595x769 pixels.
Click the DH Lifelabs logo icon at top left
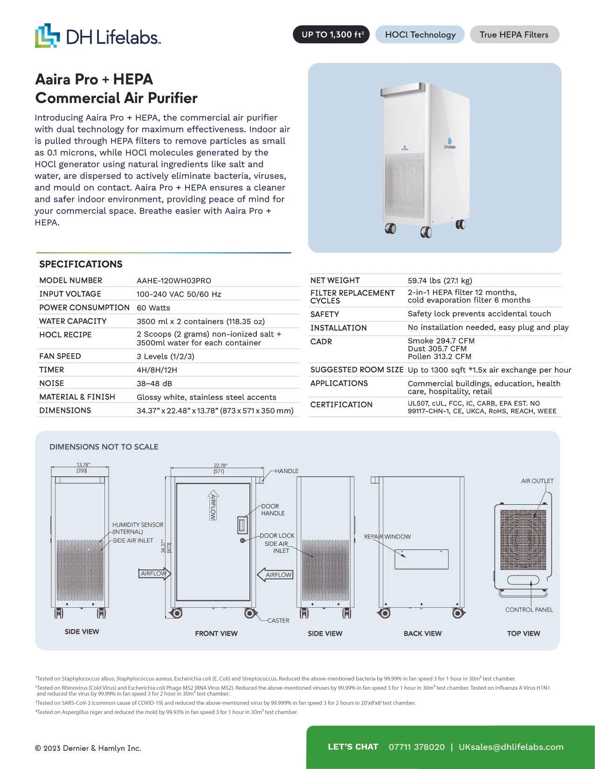tap(48, 35)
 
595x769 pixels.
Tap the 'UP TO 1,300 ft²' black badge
tap(331, 34)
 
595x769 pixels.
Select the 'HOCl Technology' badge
tap(420, 34)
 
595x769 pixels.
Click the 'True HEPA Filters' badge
tap(514, 34)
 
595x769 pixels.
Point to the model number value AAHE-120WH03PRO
tap(173, 281)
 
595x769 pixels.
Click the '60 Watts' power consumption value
tap(153, 308)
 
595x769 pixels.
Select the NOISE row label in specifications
tap(51, 383)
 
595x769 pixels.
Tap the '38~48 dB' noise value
tap(154, 384)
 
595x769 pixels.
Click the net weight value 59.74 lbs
tap(439, 281)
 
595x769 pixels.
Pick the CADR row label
tap(321, 342)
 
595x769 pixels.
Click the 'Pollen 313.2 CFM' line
tap(439, 357)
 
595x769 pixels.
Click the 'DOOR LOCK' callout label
tap(277, 536)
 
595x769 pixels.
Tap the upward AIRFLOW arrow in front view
tap(213, 505)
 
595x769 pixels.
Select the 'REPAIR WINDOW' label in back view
tap(387, 536)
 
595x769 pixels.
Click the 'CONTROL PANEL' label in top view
tap(529, 610)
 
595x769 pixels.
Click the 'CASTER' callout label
tap(278, 620)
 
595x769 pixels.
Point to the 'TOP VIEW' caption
tap(523, 633)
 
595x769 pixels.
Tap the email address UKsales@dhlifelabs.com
tap(511, 747)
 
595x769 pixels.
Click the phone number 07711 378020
tap(416, 747)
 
